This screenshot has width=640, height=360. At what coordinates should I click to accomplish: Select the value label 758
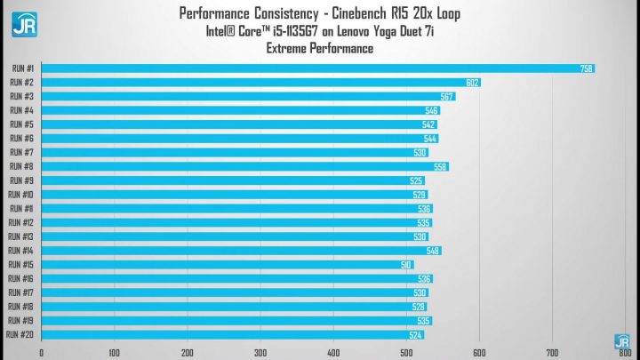tap(587, 68)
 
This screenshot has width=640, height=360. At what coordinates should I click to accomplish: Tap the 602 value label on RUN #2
tap(473, 83)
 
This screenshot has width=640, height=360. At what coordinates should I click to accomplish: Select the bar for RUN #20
tap(232, 335)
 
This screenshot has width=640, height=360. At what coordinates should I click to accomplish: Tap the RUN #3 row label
tap(21, 96)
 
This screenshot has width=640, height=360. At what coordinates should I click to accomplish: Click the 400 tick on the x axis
tap(333, 352)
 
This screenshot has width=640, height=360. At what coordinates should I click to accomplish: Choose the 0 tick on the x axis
tap(42, 352)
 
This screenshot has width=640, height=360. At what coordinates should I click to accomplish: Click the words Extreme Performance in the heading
tap(320, 49)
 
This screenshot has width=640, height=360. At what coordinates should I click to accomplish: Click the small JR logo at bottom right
tap(622, 340)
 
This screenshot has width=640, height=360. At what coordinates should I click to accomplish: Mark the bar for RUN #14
tap(241, 251)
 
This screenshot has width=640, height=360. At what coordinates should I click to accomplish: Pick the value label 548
tap(433, 251)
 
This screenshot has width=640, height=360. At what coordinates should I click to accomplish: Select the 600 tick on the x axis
tap(479, 352)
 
